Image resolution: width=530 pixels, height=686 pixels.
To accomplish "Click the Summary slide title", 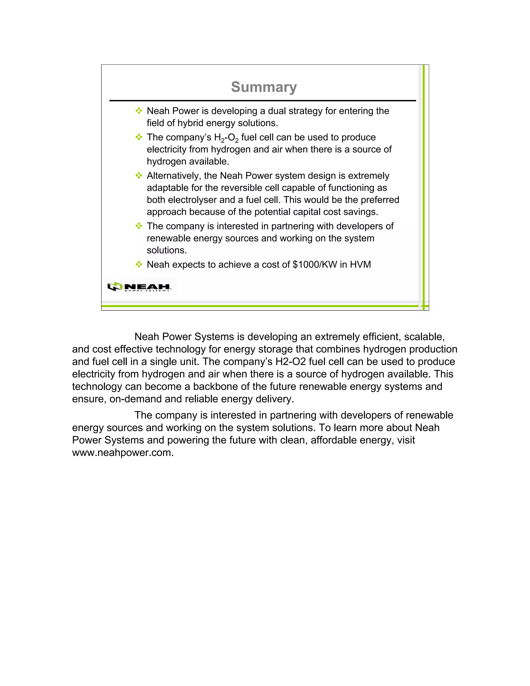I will (x=264, y=87).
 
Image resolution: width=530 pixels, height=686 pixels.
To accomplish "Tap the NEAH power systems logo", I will (x=140, y=287).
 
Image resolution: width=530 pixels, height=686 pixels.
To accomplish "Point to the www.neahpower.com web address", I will (x=123, y=453).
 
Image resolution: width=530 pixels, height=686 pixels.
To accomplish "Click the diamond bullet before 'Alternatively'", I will (x=138, y=176).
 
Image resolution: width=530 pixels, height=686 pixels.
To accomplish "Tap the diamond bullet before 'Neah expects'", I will (x=138, y=265).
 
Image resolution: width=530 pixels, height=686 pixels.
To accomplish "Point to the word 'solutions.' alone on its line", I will (x=167, y=250).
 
